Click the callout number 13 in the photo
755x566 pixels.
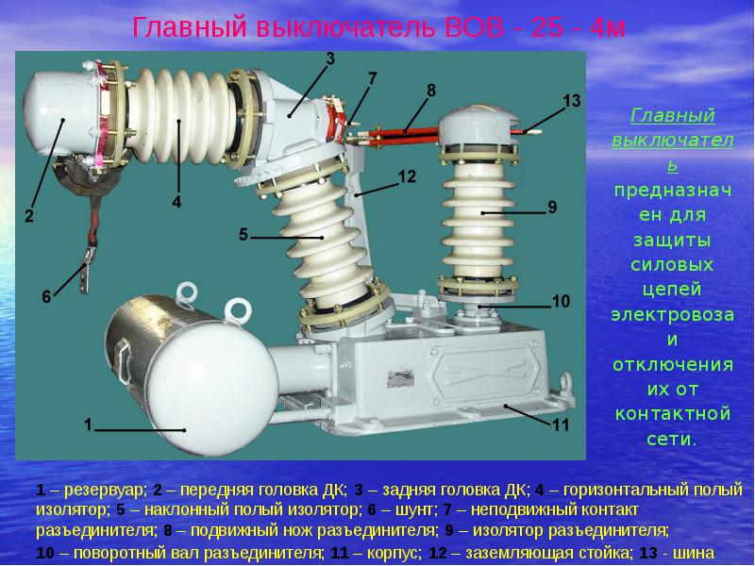[572, 101]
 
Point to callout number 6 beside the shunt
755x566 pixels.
[46, 296]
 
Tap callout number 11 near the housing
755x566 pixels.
[561, 425]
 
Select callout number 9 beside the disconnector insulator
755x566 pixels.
[552, 207]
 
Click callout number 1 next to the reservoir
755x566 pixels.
[88, 424]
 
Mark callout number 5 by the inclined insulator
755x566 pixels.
[243, 234]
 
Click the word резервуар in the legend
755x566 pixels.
[104, 490]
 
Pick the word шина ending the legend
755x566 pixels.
[695, 553]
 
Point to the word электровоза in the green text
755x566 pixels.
[673, 315]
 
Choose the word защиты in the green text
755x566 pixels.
[672, 241]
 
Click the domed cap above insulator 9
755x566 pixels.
[479, 125]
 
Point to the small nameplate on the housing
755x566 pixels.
[400, 378]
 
